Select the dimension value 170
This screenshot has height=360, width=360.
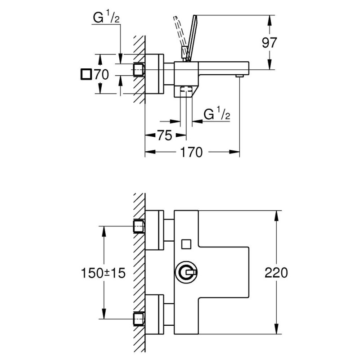[x=192, y=153]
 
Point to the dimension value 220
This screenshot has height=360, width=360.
[x=276, y=273]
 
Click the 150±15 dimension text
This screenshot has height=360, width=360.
[x=103, y=273]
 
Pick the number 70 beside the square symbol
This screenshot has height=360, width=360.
[x=102, y=74]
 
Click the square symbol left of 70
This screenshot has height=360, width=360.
[x=85, y=74]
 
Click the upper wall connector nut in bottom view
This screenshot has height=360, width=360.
[x=139, y=226]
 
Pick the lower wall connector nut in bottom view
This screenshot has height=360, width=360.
[x=139, y=319]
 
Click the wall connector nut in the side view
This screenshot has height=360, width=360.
[x=139, y=70]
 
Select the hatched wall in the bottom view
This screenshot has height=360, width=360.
[x=139, y=273]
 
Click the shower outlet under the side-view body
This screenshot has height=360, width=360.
[x=185, y=91]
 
